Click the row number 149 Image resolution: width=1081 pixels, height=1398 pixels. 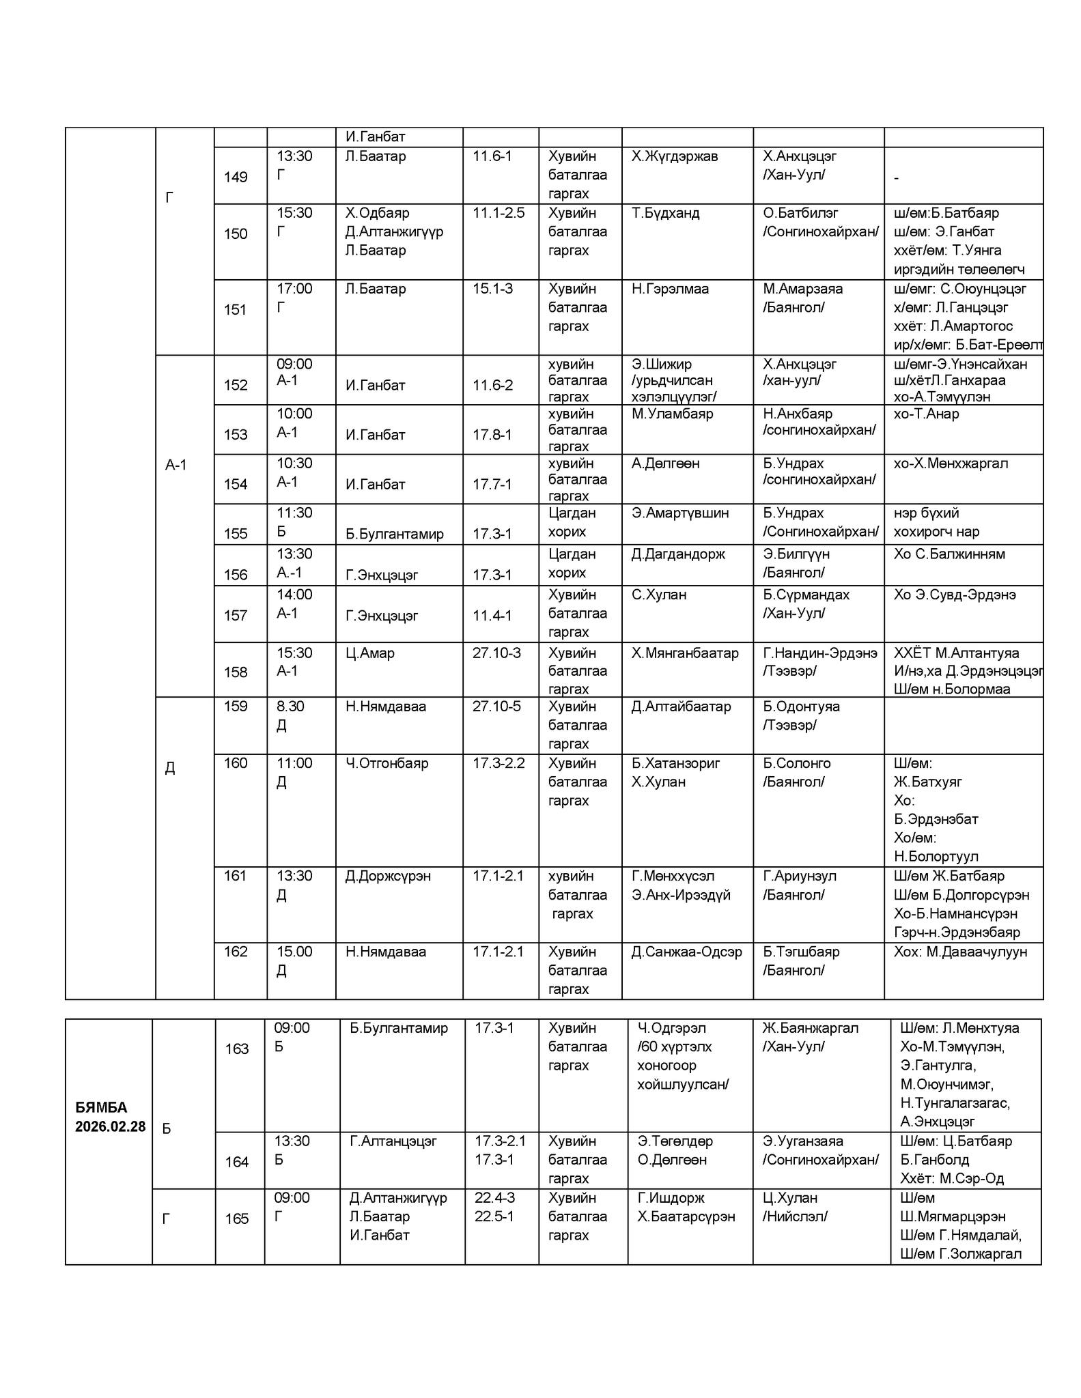(236, 177)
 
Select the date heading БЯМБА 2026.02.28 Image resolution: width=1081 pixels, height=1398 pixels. (110, 1117)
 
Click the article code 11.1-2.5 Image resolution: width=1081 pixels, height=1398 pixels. (499, 213)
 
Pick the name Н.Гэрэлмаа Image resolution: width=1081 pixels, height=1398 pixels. (670, 289)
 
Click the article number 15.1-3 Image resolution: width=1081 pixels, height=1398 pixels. (492, 289)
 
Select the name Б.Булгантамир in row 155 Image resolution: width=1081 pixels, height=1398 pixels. (395, 534)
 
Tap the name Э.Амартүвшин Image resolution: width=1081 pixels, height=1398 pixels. (680, 513)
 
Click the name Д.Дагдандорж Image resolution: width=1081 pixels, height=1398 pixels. (678, 554)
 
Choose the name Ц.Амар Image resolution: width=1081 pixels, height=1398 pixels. (370, 653)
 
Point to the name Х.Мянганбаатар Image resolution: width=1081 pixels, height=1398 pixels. (685, 653)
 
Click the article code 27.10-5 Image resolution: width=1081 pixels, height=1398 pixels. (496, 706)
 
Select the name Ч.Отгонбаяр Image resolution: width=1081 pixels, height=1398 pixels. (387, 762)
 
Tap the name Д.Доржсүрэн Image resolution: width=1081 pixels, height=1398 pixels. (388, 875)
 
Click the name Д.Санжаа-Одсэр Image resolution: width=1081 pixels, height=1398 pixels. (686, 951)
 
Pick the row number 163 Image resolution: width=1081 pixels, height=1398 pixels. (237, 1048)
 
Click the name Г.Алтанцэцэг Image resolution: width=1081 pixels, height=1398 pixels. (393, 1141)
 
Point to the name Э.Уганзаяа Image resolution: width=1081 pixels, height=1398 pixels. (803, 1141)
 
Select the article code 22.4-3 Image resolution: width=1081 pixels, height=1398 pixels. (495, 1197)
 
